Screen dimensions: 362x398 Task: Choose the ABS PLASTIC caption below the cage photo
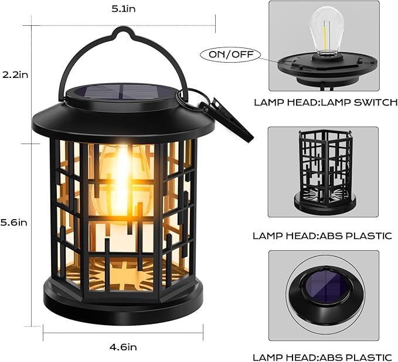point(322,236)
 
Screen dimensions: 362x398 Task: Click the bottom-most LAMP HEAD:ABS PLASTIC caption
point(322,357)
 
